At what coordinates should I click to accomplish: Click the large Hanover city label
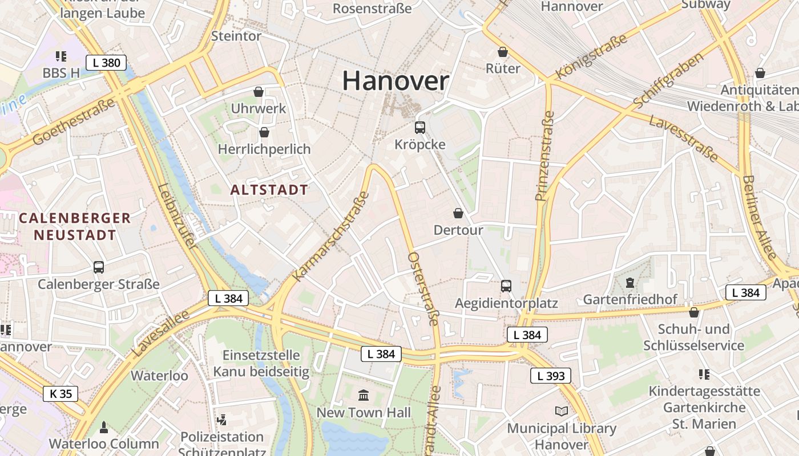click(396, 81)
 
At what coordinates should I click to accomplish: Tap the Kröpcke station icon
click(420, 128)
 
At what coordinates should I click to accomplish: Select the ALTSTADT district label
click(269, 190)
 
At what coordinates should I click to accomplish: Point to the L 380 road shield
click(106, 63)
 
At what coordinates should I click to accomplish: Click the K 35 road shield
click(60, 393)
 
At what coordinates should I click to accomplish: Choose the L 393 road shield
click(551, 376)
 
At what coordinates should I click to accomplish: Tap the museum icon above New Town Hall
click(364, 395)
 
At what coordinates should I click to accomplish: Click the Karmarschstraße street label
click(331, 237)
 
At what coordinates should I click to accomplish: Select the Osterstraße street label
click(423, 289)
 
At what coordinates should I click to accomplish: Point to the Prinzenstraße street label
click(545, 156)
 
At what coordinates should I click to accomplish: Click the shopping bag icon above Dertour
click(458, 213)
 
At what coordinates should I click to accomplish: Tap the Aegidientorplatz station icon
click(506, 286)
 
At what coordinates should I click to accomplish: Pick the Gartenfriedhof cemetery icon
click(630, 282)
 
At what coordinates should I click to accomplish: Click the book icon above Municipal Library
click(562, 411)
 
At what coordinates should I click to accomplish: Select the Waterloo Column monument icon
click(104, 427)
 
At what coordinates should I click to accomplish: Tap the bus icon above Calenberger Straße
click(98, 267)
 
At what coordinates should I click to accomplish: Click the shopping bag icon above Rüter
click(503, 52)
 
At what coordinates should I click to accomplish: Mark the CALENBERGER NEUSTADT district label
click(75, 226)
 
